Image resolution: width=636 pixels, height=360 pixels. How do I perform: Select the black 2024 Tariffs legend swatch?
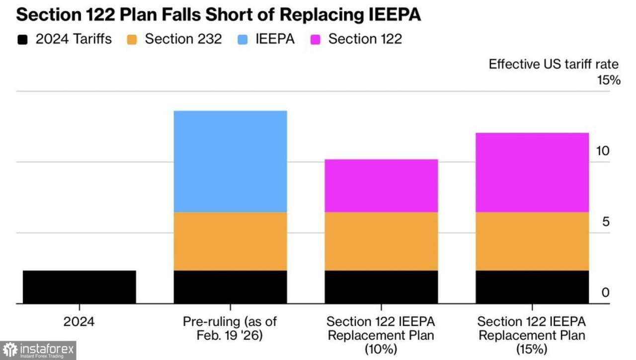22,39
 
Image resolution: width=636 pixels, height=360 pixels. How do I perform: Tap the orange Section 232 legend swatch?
132,39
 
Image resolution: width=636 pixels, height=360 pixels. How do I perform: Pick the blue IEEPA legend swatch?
242,39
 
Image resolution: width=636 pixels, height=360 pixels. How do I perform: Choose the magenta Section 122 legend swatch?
315,39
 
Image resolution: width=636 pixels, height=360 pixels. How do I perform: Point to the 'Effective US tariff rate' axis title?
554,65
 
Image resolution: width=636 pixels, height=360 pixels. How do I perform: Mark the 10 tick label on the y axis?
602,151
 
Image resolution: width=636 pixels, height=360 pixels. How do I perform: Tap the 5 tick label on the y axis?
605,221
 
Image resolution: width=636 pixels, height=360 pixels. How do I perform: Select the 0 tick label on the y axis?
605,292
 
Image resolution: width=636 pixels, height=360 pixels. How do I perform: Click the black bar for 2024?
79,287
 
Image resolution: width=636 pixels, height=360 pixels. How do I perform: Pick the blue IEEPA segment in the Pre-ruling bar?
230,161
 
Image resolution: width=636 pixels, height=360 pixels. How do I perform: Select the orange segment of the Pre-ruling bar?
230,241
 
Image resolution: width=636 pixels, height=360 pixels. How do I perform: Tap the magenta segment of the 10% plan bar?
381,186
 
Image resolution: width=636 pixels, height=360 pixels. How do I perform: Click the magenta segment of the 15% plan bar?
532,173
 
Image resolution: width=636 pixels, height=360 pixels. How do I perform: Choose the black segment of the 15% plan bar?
532,287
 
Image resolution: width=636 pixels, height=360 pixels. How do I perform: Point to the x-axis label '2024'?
79,321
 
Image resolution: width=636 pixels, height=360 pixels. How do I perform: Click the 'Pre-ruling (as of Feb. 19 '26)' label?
230,328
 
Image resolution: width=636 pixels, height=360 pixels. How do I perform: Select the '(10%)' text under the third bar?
381,349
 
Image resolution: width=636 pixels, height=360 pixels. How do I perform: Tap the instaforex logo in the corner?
38,350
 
